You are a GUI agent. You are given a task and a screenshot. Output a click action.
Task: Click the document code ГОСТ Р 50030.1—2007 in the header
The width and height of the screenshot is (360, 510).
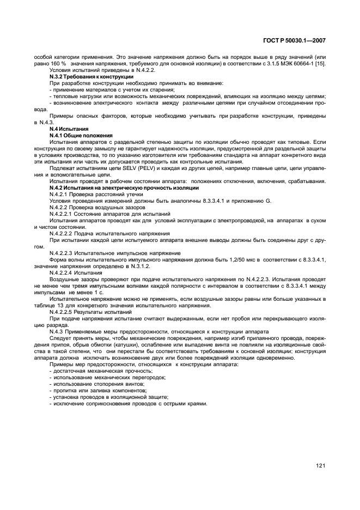(295, 41)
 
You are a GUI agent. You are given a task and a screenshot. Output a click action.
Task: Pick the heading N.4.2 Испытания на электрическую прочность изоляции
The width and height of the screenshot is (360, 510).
(124, 187)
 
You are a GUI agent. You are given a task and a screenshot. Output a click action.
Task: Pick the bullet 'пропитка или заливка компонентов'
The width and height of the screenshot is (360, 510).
(98, 390)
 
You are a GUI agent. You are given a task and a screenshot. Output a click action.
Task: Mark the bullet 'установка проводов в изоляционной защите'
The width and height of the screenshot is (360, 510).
(108, 397)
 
